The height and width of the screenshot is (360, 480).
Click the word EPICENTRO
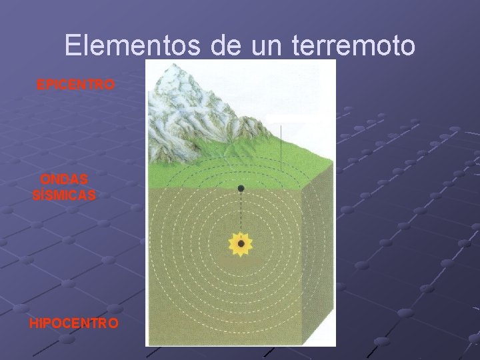[75, 85]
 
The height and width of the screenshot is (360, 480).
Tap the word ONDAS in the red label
[64, 180]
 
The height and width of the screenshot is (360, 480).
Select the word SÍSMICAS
[64, 195]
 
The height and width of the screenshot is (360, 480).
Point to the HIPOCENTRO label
[74, 323]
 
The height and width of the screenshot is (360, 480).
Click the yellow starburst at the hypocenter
[240, 243]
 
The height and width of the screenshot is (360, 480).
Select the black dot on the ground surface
[241, 189]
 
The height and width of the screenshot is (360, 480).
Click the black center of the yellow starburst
[240, 243]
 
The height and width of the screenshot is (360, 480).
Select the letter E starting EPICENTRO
[40, 85]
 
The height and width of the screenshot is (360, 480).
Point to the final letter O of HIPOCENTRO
[115, 323]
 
